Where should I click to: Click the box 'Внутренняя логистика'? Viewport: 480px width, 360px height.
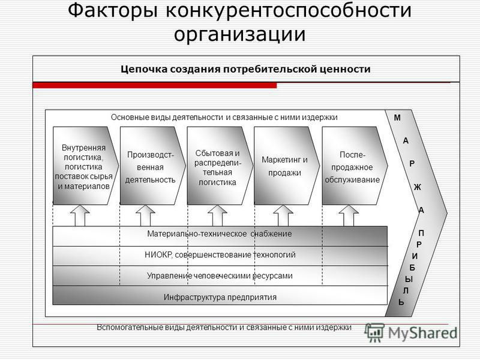tap(85, 166)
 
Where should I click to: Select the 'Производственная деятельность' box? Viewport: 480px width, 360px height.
tap(152, 166)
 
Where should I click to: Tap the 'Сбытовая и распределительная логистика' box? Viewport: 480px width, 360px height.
tap(220, 166)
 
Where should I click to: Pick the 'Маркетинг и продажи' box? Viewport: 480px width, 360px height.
tap(287, 166)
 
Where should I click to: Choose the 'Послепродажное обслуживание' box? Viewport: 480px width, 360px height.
tap(355, 166)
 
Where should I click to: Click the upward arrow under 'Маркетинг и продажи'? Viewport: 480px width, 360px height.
tap(283, 215)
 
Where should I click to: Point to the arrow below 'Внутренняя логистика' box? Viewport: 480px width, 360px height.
tap(80, 215)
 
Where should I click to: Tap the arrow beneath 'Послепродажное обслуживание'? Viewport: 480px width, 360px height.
tap(349, 215)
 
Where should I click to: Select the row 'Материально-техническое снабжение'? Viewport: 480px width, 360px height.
tap(220, 236)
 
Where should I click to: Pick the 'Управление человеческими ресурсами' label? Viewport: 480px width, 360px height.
tap(220, 276)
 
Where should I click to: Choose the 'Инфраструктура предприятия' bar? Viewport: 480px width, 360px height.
tap(220, 295)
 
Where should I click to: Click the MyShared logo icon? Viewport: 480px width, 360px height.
tap(374, 332)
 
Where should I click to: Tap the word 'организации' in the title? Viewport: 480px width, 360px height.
tap(239, 34)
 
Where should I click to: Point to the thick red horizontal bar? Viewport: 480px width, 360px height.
tap(155, 85)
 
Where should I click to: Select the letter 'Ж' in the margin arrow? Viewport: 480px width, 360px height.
tap(418, 187)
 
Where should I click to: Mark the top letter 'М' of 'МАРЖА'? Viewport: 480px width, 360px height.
tap(397, 118)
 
